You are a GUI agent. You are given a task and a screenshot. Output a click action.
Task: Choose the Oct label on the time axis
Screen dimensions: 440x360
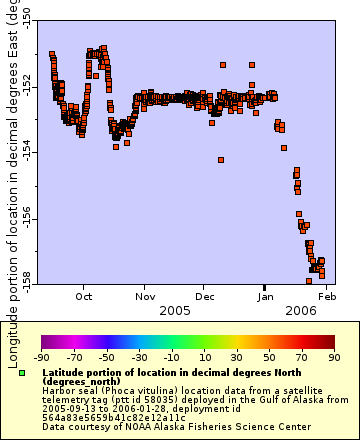(x=85, y=296)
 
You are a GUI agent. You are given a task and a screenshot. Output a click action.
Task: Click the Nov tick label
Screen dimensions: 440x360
(x=145, y=296)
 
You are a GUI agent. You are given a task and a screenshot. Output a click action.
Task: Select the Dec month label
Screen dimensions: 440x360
(x=205, y=296)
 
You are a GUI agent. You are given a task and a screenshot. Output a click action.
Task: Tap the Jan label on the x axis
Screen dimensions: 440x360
(x=266, y=296)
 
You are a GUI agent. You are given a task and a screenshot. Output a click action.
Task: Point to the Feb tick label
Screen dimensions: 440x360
(x=326, y=296)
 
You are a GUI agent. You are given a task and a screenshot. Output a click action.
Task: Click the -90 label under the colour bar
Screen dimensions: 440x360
(x=41, y=355)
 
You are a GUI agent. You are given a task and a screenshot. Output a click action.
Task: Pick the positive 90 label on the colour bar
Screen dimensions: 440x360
(x=333, y=355)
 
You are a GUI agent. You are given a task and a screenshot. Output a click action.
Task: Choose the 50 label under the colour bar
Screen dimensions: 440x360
(x=269, y=355)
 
